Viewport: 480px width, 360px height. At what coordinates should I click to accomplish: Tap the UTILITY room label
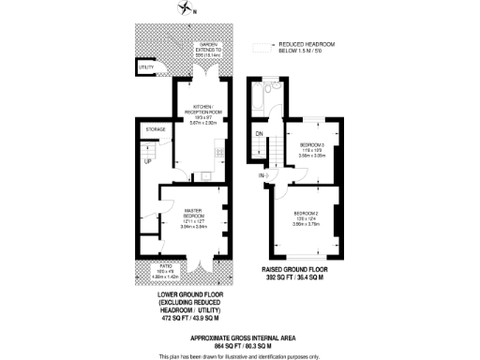coord(145,67)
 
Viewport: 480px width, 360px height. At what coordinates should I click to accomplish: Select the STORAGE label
coord(155,128)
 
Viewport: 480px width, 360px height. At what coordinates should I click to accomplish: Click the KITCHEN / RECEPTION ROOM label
coord(203,109)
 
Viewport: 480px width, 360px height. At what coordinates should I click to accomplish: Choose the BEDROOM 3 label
coord(312,144)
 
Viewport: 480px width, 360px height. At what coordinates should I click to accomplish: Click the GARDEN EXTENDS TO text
coord(206,48)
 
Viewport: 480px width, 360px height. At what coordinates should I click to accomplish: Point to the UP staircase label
coord(147,160)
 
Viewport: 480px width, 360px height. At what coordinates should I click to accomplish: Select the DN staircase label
coord(259,133)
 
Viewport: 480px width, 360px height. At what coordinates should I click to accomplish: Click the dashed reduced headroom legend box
coord(260,46)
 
